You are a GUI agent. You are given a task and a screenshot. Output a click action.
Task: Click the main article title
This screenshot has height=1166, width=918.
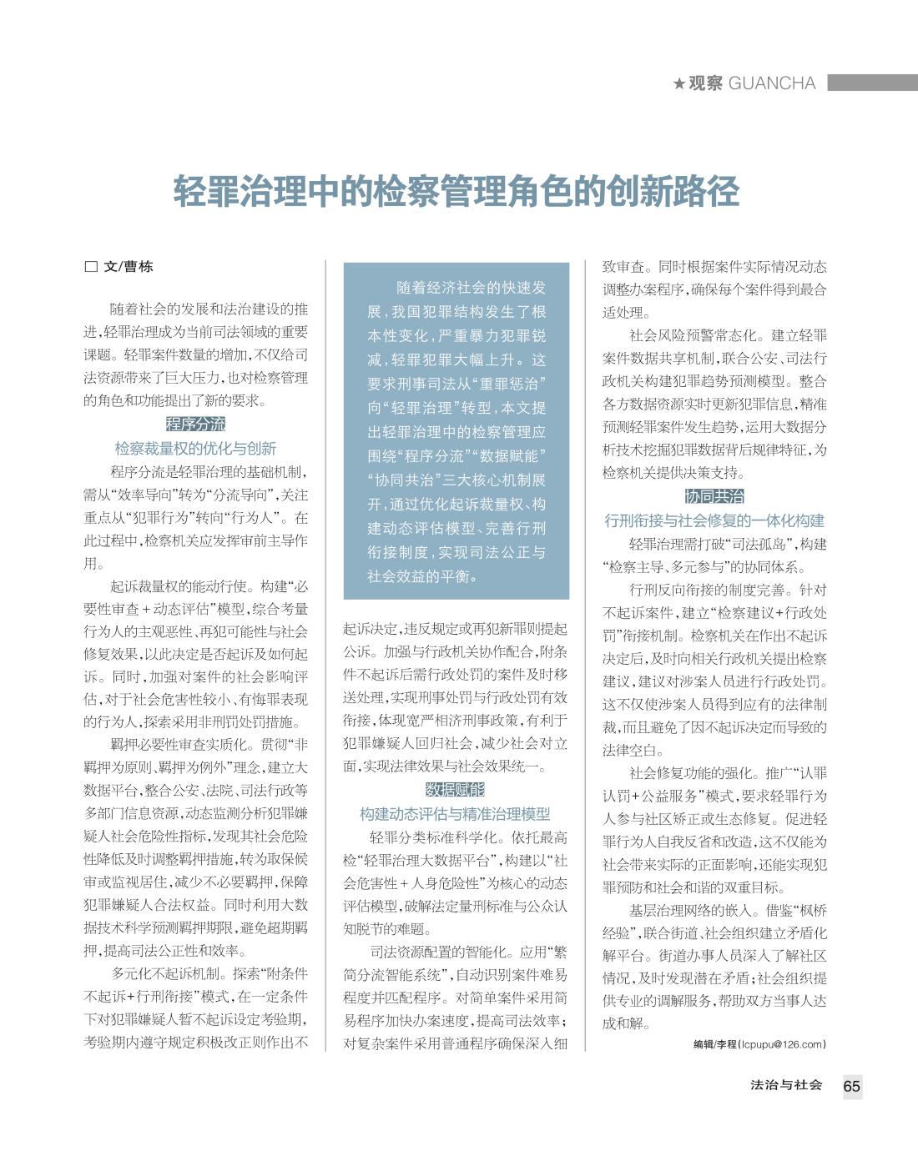point(456,191)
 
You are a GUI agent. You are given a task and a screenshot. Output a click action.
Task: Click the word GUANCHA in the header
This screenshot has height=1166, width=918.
point(772,83)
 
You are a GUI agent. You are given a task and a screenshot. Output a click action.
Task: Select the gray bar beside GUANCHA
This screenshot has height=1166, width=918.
point(871,83)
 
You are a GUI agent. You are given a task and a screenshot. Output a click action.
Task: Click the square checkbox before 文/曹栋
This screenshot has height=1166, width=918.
point(91,267)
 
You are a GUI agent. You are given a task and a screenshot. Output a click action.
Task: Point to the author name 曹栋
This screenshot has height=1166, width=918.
point(139,267)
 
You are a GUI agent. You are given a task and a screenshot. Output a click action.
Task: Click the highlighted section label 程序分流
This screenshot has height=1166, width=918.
point(195,424)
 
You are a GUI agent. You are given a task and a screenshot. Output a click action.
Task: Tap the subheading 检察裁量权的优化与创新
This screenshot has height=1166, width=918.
point(195,448)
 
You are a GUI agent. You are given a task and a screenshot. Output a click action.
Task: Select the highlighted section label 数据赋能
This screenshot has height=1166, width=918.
point(455,789)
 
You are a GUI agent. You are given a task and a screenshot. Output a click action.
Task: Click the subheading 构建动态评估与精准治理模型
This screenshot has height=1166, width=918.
point(455,814)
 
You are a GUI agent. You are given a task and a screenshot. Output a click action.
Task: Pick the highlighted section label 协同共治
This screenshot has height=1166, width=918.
point(714,496)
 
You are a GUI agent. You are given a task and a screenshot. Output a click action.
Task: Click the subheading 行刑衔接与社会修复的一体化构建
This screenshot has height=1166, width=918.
point(714,521)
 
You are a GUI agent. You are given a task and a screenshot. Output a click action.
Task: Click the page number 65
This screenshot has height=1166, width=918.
point(851,1086)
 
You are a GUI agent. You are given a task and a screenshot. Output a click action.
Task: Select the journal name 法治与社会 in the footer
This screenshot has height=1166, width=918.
point(786,1085)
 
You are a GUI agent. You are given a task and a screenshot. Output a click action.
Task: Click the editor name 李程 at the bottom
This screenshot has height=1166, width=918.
point(726,1043)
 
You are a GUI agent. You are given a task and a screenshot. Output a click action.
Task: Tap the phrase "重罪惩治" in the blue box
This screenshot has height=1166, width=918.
point(510,384)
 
